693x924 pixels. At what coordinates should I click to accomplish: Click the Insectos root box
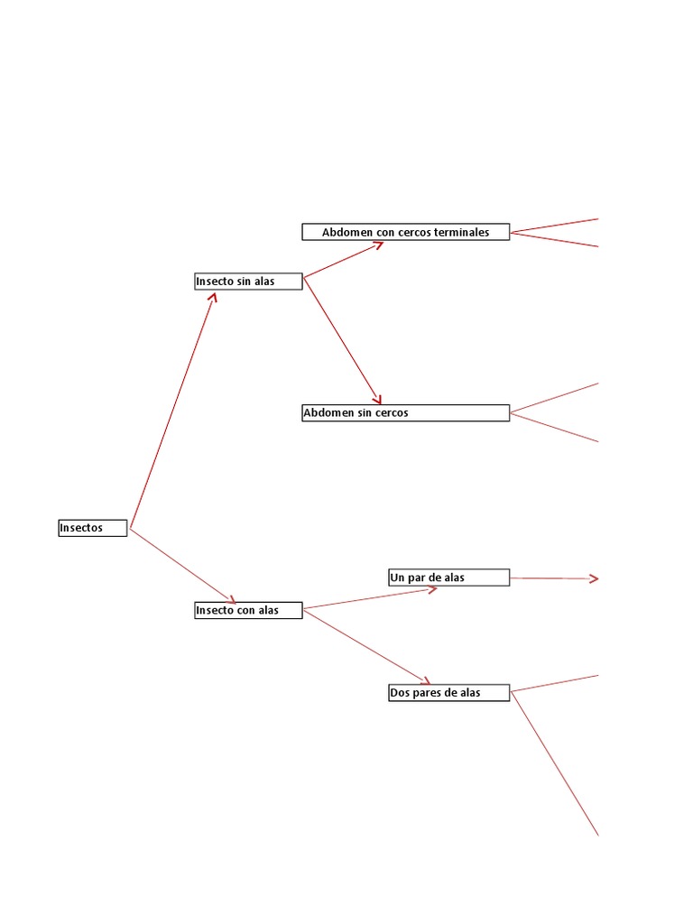tap(93, 528)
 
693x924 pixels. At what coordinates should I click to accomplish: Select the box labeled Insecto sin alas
tap(248, 282)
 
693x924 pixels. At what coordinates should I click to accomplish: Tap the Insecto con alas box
tap(248, 611)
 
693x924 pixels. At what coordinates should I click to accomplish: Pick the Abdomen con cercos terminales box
tap(405, 232)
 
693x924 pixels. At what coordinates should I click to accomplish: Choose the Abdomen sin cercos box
tap(405, 413)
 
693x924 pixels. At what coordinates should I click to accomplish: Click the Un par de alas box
tap(448, 577)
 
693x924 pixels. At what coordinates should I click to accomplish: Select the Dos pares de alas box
tap(448, 693)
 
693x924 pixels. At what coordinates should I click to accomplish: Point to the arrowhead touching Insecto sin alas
tap(213, 295)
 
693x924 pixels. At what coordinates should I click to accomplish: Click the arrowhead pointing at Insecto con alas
tap(231, 600)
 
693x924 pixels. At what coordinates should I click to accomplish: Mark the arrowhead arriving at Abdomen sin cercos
tap(378, 399)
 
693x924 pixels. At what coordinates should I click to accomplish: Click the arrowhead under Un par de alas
tap(432, 590)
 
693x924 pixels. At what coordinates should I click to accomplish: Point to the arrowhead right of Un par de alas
tap(594, 578)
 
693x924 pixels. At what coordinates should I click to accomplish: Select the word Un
tap(397, 577)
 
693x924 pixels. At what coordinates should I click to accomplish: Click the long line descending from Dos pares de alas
tap(555, 765)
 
